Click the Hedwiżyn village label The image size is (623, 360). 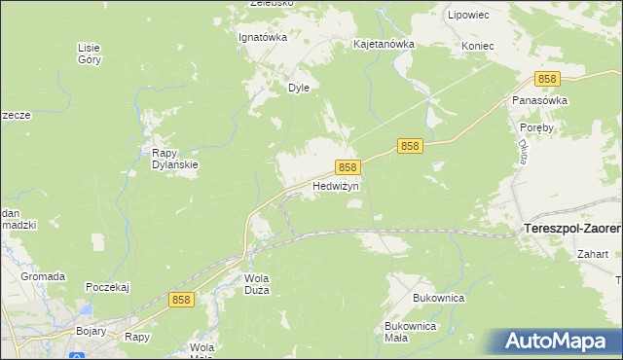tap(336, 185)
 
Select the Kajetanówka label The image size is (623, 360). tap(384, 45)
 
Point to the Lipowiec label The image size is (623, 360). tap(468, 16)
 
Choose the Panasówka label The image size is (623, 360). tap(539, 100)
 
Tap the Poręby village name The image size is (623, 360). tap(537, 127)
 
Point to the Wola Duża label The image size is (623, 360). tap(256, 283)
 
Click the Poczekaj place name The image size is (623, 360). tap(108, 287)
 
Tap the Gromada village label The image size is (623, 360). tap(43, 276)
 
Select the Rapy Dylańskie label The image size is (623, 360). tap(175, 159)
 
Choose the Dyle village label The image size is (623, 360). tap(298, 87)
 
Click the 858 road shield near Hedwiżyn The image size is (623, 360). tap(348, 167)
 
